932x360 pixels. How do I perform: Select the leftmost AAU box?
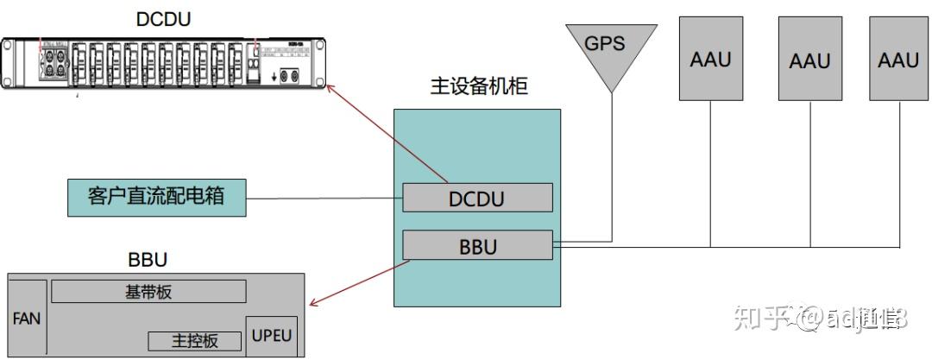[710, 58]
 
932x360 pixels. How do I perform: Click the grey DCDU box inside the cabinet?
[476, 198]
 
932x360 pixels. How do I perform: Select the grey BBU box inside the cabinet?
[476, 246]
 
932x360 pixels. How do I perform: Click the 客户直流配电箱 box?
[156, 197]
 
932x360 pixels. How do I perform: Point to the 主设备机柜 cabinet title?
[478, 87]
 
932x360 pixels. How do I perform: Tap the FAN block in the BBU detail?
[27, 318]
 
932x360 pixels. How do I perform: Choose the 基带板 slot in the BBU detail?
[148, 292]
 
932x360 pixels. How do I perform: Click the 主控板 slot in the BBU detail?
[195, 340]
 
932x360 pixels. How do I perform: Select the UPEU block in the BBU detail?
[272, 334]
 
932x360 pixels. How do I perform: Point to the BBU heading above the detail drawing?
[147, 259]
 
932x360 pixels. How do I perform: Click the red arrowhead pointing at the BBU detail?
[314, 302]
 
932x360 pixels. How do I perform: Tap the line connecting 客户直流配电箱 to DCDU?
[324, 199]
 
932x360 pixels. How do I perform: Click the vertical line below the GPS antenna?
[612, 164]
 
